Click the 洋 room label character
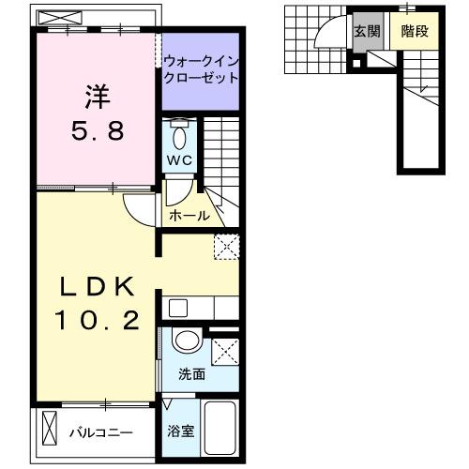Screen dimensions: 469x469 tap(94, 97)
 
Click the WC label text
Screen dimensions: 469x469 tap(179, 160)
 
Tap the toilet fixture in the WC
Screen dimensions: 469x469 tap(179, 130)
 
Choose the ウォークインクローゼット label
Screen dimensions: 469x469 tap(201, 70)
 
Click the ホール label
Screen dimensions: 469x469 tap(189, 216)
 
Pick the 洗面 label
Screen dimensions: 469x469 tap(192, 374)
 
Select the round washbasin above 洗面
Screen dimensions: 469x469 tap(186, 342)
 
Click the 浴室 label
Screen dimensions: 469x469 tap(181, 432)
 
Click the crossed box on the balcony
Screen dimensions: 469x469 tap(50, 432)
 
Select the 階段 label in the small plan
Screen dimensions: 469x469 tap(414, 31)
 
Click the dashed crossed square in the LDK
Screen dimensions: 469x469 tap(225, 245)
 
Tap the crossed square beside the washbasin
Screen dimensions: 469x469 tap(225, 352)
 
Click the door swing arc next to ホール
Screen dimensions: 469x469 tap(139, 211)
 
